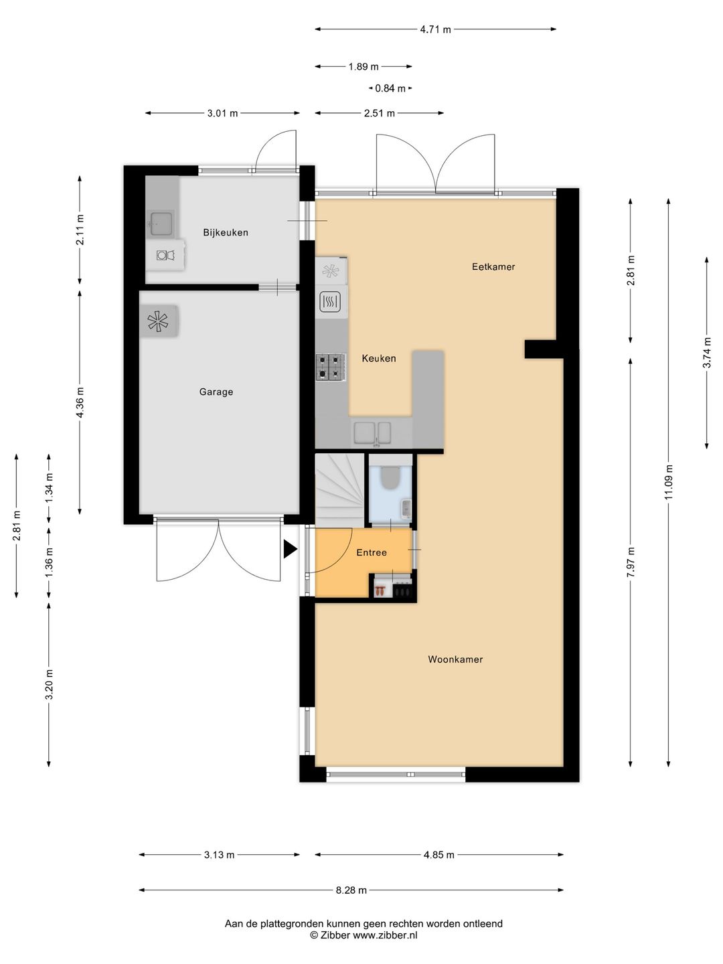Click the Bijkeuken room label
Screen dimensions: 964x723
[x=226, y=232]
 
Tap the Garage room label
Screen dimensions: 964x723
[x=216, y=392]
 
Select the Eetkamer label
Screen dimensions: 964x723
[x=493, y=266]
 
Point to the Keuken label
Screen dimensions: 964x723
[x=379, y=358]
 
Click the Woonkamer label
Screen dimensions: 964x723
[x=455, y=659]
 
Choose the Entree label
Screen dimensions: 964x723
[x=372, y=552]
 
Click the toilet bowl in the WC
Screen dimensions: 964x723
[x=390, y=478]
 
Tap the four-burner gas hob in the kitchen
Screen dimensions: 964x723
[x=331, y=367]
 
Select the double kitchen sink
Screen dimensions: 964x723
[x=373, y=433]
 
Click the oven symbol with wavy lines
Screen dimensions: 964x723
[x=330, y=302]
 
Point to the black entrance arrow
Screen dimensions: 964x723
[x=290, y=549]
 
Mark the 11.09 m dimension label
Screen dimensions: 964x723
[x=669, y=482]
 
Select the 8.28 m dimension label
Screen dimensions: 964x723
[x=351, y=890]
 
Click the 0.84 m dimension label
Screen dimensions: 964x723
[x=390, y=88]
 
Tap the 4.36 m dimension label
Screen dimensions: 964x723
[x=80, y=402]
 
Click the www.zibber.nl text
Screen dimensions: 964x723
[x=385, y=935]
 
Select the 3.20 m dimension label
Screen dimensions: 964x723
[x=49, y=684]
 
